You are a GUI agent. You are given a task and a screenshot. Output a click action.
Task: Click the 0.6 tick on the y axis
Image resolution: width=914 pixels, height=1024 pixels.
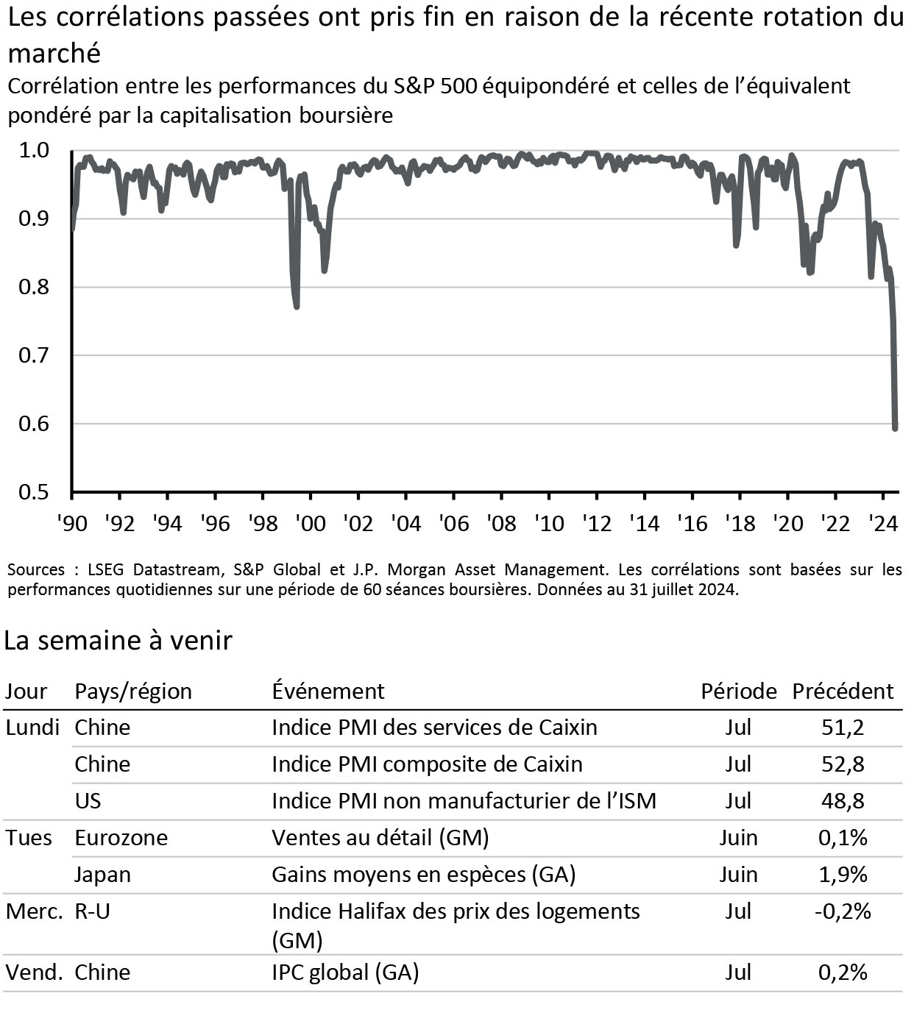pyautogui.click(x=34, y=424)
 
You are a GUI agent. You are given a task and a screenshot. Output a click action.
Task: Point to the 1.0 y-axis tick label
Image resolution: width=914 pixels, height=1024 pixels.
pyautogui.click(x=34, y=151)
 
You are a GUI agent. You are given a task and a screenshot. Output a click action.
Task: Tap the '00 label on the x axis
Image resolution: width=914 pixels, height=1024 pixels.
pyautogui.click(x=310, y=523)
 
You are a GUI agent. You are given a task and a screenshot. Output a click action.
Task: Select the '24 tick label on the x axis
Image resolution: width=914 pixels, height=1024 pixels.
pyautogui.click(x=882, y=523)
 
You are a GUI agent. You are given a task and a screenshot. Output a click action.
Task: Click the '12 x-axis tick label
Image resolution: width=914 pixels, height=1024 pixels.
pyautogui.click(x=596, y=523)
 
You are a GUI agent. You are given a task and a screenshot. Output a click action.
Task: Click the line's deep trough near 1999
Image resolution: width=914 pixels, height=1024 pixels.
pyautogui.click(x=297, y=305)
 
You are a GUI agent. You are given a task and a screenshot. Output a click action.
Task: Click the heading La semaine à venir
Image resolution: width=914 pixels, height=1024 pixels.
pyautogui.click(x=118, y=641)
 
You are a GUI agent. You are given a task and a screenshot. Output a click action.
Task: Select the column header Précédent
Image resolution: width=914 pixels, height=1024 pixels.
pyautogui.click(x=842, y=691)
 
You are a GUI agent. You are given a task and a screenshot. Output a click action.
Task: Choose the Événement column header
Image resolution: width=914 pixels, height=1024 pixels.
pyautogui.click(x=327, y=691)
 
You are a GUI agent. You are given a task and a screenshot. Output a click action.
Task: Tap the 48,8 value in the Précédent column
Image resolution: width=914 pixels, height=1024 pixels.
pyautogui.click(x=843, y=801)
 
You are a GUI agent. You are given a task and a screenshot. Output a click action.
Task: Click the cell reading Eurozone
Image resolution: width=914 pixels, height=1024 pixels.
pyautogui.click(x=121, y=838)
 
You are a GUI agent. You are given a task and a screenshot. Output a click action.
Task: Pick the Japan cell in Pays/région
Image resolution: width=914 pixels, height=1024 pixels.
pyautogui.click(x=102, y=875)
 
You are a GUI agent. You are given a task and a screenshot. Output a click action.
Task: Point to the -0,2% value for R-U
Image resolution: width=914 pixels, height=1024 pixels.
pyautogui.click(x=842, y=911)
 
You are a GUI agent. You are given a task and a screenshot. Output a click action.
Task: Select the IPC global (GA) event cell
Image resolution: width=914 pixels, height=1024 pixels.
pyautogui.click(x=345, y=973)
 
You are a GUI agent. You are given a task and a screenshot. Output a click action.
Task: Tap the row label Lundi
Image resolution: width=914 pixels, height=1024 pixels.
pyautogui.click(x=32, y=728)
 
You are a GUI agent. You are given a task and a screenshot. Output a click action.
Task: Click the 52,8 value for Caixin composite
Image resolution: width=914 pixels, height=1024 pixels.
pyautogui.click(x=843, y=764)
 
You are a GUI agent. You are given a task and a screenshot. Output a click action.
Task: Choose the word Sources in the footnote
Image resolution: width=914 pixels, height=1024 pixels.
pyautogui.click(x=36, y=569)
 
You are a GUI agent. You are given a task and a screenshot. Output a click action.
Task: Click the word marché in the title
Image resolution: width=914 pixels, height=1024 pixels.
pyautogui.click(x=54, y=53)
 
